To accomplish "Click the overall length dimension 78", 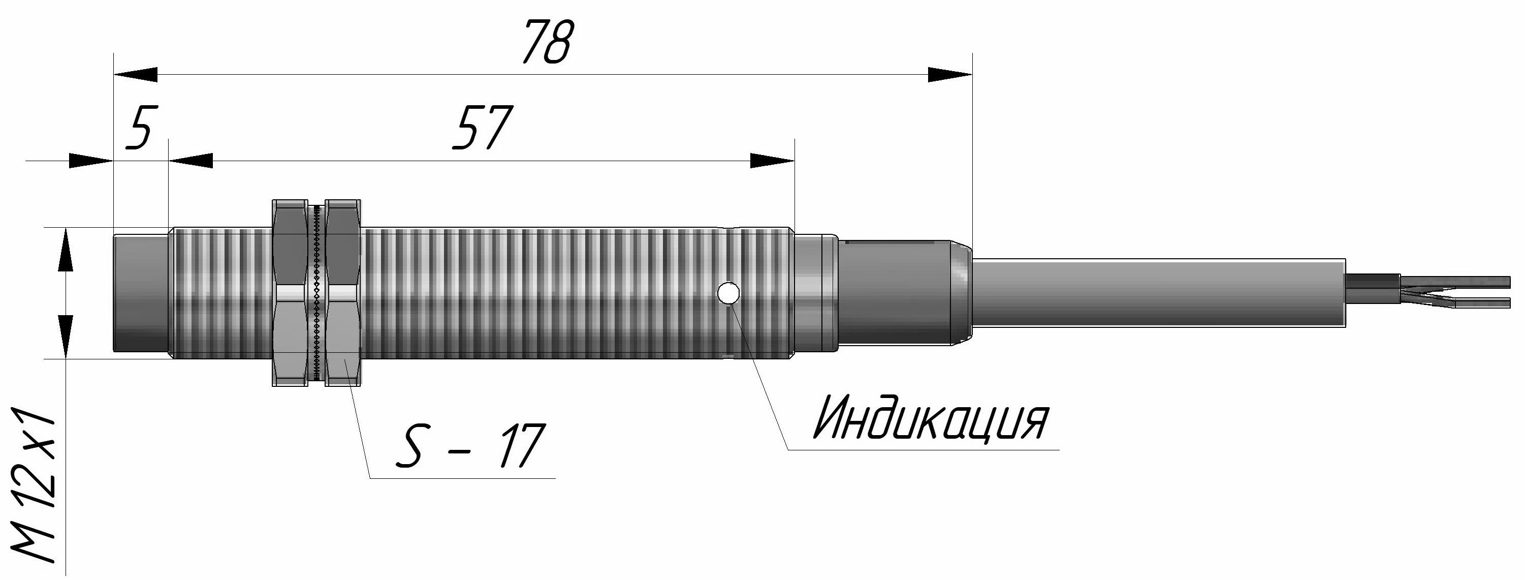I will pyautogui.click(x=548, y=43).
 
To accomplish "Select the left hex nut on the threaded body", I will pyautogui.click(x=290, y=293).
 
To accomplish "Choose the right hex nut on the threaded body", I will pyautogui.click(x=344, y=293).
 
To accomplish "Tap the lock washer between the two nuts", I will pyautogui.click(x=317, y=293).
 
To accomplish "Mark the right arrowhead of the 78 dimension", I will pyautogui.click(x=949, y=75).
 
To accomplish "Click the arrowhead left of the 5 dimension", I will pyautogui.click(x=90, y=161).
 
